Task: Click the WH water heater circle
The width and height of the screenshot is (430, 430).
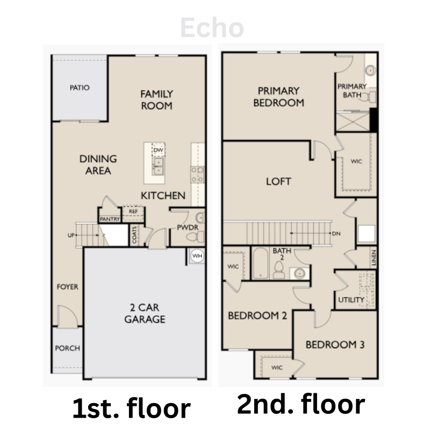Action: coord(197,256)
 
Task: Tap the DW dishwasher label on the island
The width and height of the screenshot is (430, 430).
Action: coord(158,150)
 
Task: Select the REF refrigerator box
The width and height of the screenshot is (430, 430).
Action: coord(133,213)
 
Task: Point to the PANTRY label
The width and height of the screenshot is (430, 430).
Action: coord(110,219)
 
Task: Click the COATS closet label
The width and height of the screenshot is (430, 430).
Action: coord(134,235)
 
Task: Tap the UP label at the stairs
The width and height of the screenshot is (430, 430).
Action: coord(71,235)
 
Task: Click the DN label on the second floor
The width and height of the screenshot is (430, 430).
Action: coord(336,234)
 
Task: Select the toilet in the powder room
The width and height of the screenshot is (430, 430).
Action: coord(196,237)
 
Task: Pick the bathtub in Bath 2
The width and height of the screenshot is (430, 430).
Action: coord(260,263)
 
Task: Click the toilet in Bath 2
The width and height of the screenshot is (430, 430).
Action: coord(279,270)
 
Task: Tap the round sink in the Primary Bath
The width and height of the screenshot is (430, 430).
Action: coord(370,70)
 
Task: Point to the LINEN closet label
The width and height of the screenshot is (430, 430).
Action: coord(374,258)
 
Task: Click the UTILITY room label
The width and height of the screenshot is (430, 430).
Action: coord(352,300)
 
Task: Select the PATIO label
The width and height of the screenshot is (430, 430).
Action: coord(80,88)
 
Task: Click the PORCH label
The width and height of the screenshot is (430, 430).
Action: coord(68,348)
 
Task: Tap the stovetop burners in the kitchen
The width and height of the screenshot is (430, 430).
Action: coord(197,175)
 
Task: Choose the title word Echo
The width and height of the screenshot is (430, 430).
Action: coord(212,27)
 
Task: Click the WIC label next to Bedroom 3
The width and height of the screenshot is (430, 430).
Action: coord(277,368)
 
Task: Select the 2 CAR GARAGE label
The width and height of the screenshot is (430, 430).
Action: coord(145,313)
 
